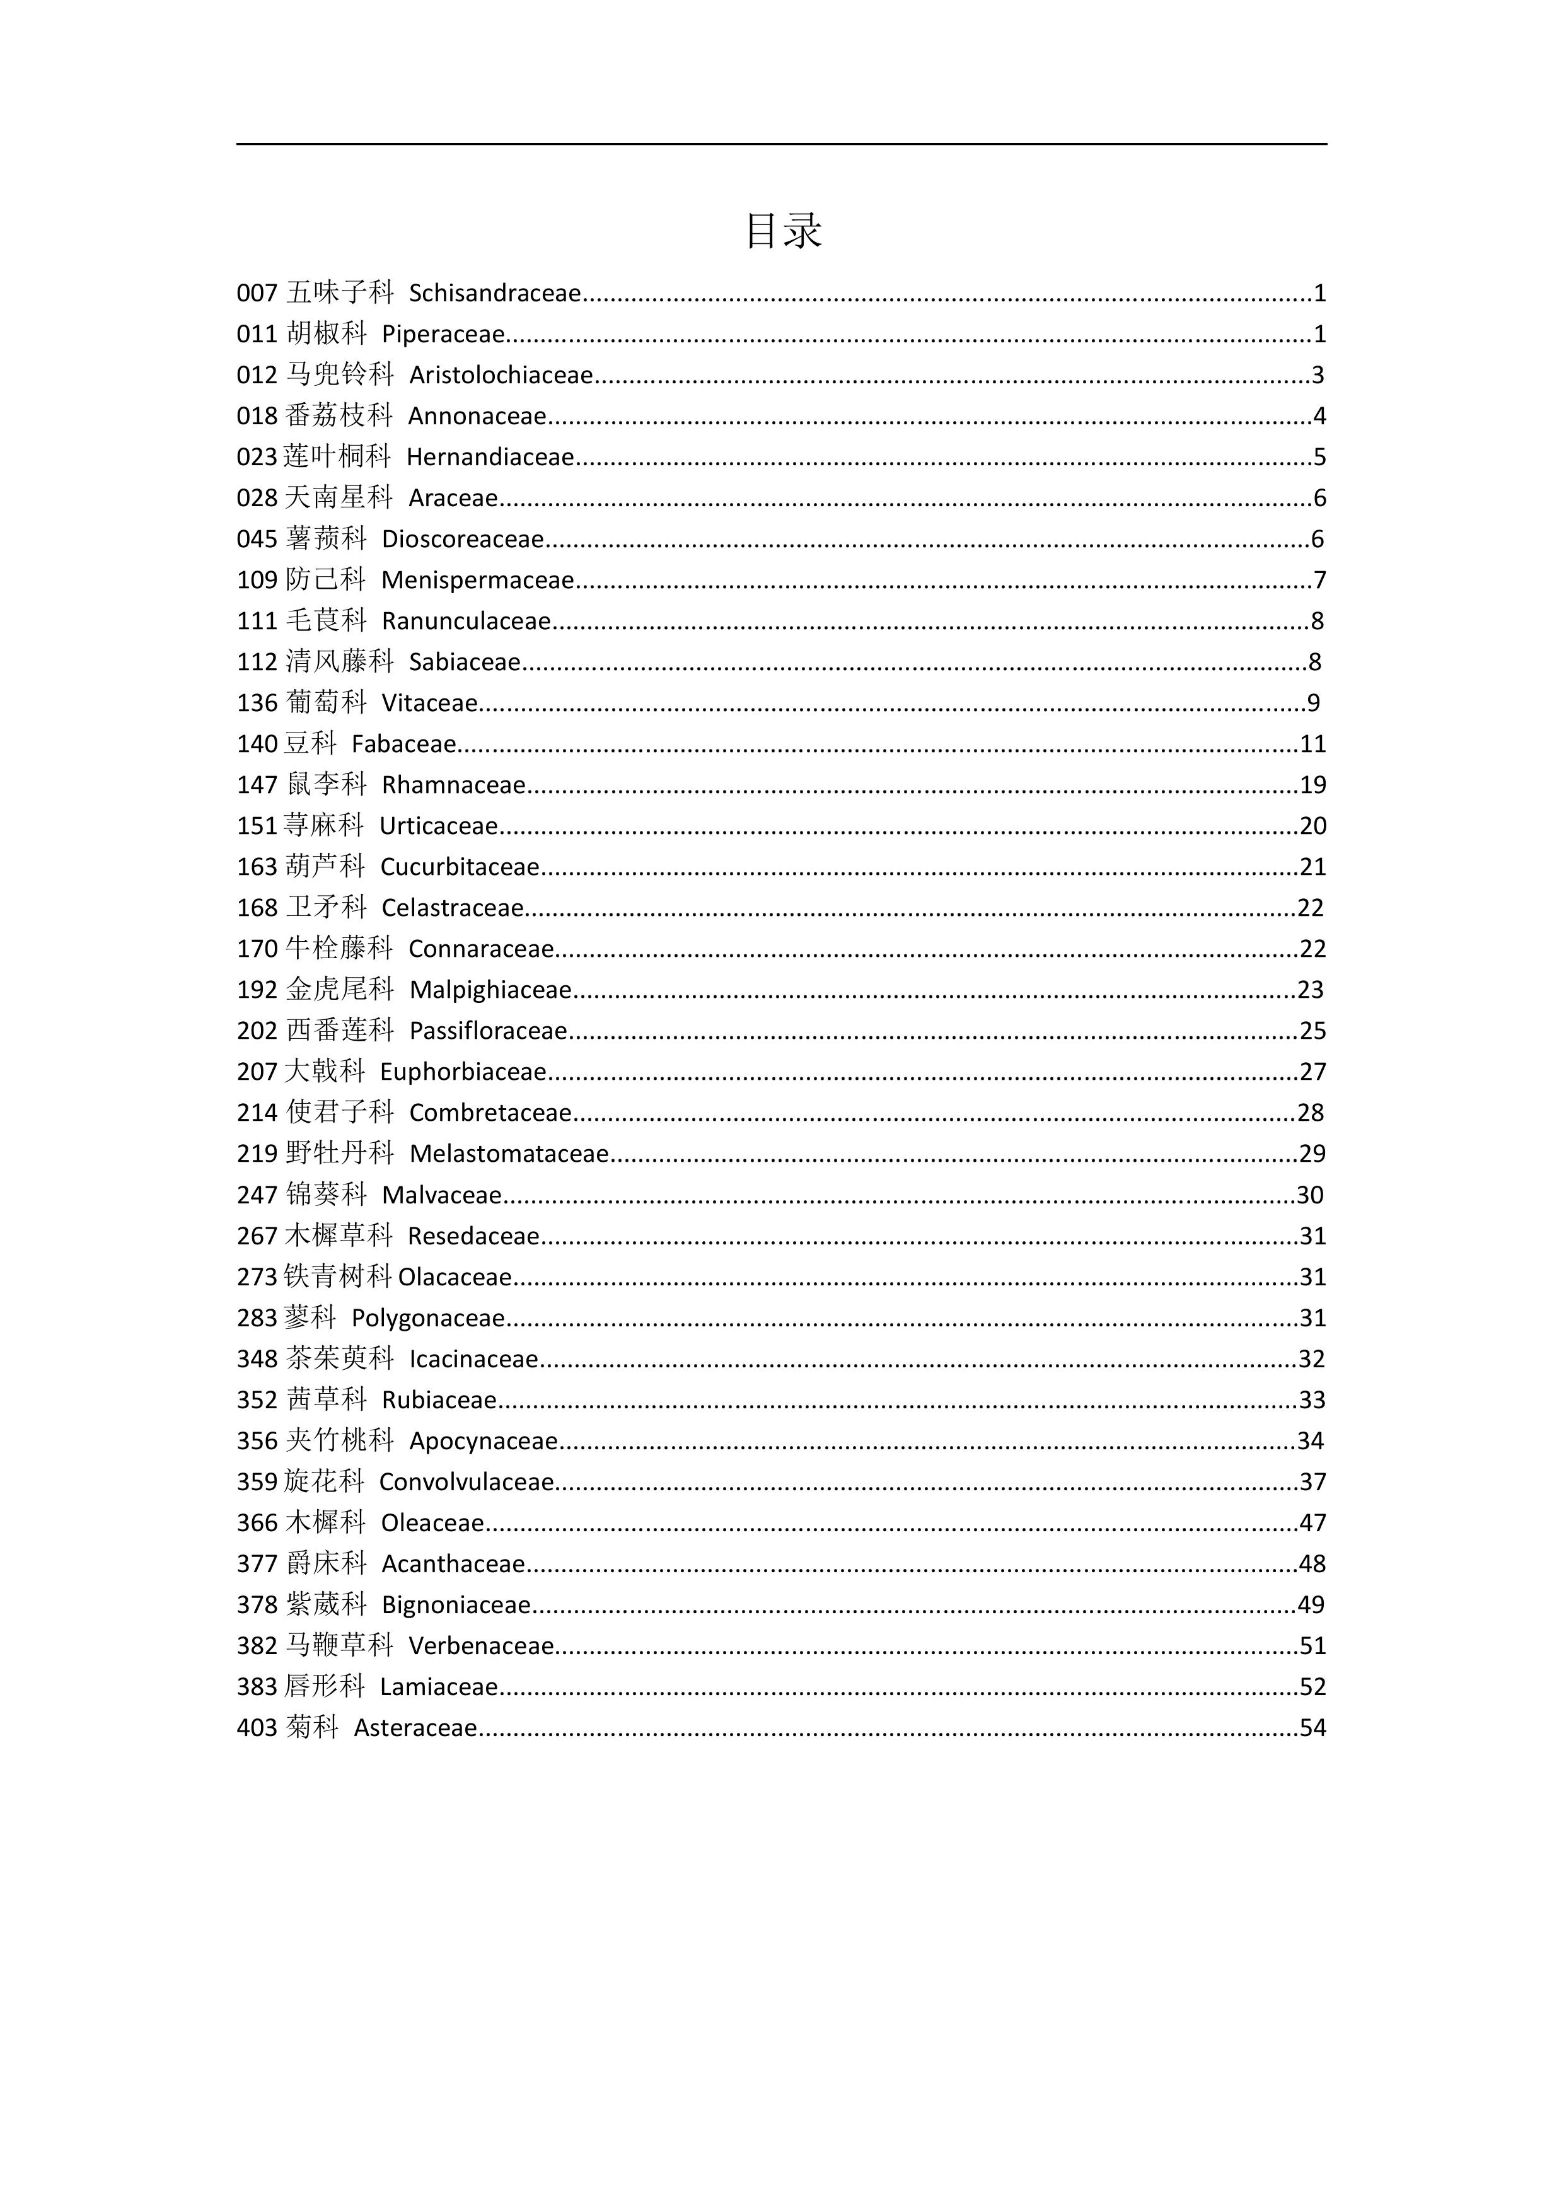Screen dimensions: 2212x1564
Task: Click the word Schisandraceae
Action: pos(494,293)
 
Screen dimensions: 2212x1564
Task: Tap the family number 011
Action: pos(257,334)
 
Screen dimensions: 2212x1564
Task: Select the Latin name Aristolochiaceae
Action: pos(501,375)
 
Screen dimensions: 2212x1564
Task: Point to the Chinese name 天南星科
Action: pos(339,498)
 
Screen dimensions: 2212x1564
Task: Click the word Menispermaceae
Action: pos(477,580)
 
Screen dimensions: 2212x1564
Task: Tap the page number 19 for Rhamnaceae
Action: pos(1312,785)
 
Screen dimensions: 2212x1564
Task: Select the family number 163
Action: pos(257,867)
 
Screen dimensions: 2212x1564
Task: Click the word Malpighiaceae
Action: pos(490,990)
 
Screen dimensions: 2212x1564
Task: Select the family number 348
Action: pos(257,1359)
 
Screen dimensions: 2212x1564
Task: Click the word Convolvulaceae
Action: pos(466,1482)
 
